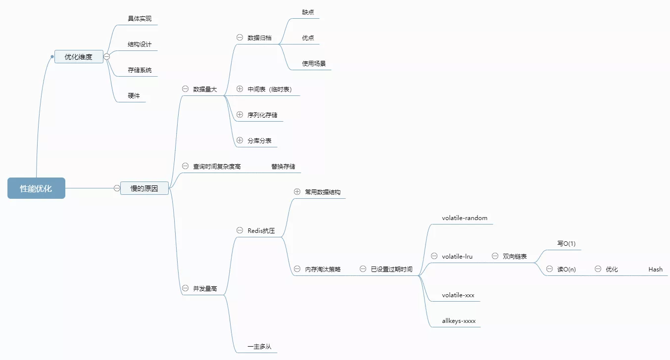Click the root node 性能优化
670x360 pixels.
36,188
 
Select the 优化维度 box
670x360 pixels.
79,57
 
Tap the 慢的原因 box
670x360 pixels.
144,188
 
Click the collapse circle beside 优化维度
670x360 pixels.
106,57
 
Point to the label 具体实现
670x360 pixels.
140,19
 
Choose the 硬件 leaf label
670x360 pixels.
134,95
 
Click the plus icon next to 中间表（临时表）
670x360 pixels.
239,89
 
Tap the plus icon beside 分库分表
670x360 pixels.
239,140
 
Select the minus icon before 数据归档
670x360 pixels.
239,38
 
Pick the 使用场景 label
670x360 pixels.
314,64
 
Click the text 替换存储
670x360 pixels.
283,167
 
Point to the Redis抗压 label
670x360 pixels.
261,230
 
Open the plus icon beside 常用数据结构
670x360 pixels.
297,192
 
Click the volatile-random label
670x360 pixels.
465,218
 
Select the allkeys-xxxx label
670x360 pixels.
459,321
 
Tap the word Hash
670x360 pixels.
655,270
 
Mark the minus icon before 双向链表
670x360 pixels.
495,256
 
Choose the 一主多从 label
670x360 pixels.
260,347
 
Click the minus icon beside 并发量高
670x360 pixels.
185,288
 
